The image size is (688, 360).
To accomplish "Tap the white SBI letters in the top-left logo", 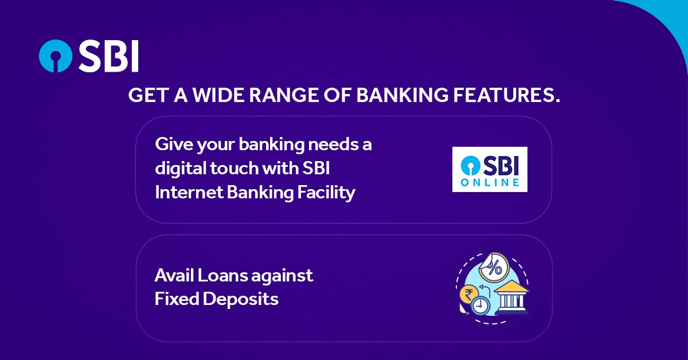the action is (109, 56).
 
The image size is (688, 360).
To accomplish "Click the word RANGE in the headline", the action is (283, 95).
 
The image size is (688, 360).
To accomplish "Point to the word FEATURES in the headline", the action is (507, 95).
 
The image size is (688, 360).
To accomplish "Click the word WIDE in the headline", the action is (218, 95).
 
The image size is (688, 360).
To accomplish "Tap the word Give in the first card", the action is (174, 144).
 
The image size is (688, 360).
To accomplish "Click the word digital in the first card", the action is (181, 169).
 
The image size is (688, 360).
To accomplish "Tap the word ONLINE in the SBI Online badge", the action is (490, 182).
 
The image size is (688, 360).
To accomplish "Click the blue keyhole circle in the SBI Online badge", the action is (471, 165).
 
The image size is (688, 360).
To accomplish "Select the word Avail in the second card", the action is (174, 275).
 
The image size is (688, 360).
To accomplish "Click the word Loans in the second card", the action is (222, 275).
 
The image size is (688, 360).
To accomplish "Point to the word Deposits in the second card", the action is (240, 299).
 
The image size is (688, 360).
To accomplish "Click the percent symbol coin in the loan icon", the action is (494, 268).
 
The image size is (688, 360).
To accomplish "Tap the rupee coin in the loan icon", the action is (469, 295).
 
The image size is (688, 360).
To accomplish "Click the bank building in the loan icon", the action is (512, 297).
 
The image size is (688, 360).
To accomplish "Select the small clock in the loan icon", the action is (480, 306).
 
